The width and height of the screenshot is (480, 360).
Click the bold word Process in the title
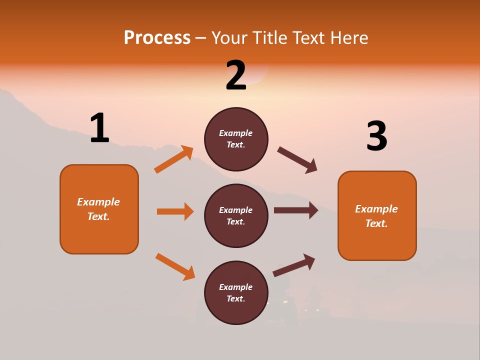157,38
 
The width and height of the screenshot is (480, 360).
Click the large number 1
99,128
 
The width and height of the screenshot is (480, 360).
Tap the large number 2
236,75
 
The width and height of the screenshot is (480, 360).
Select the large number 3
376,136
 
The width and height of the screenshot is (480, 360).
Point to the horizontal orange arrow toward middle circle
175,211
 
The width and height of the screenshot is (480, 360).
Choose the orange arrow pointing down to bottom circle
175,266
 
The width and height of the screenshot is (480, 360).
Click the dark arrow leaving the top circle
297,160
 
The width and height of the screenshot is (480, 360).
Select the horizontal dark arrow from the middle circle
296,210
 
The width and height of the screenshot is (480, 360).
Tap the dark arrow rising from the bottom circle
294,265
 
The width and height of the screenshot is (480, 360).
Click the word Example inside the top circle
236,133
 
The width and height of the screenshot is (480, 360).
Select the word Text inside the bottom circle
235,298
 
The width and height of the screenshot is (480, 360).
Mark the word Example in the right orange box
376,209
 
